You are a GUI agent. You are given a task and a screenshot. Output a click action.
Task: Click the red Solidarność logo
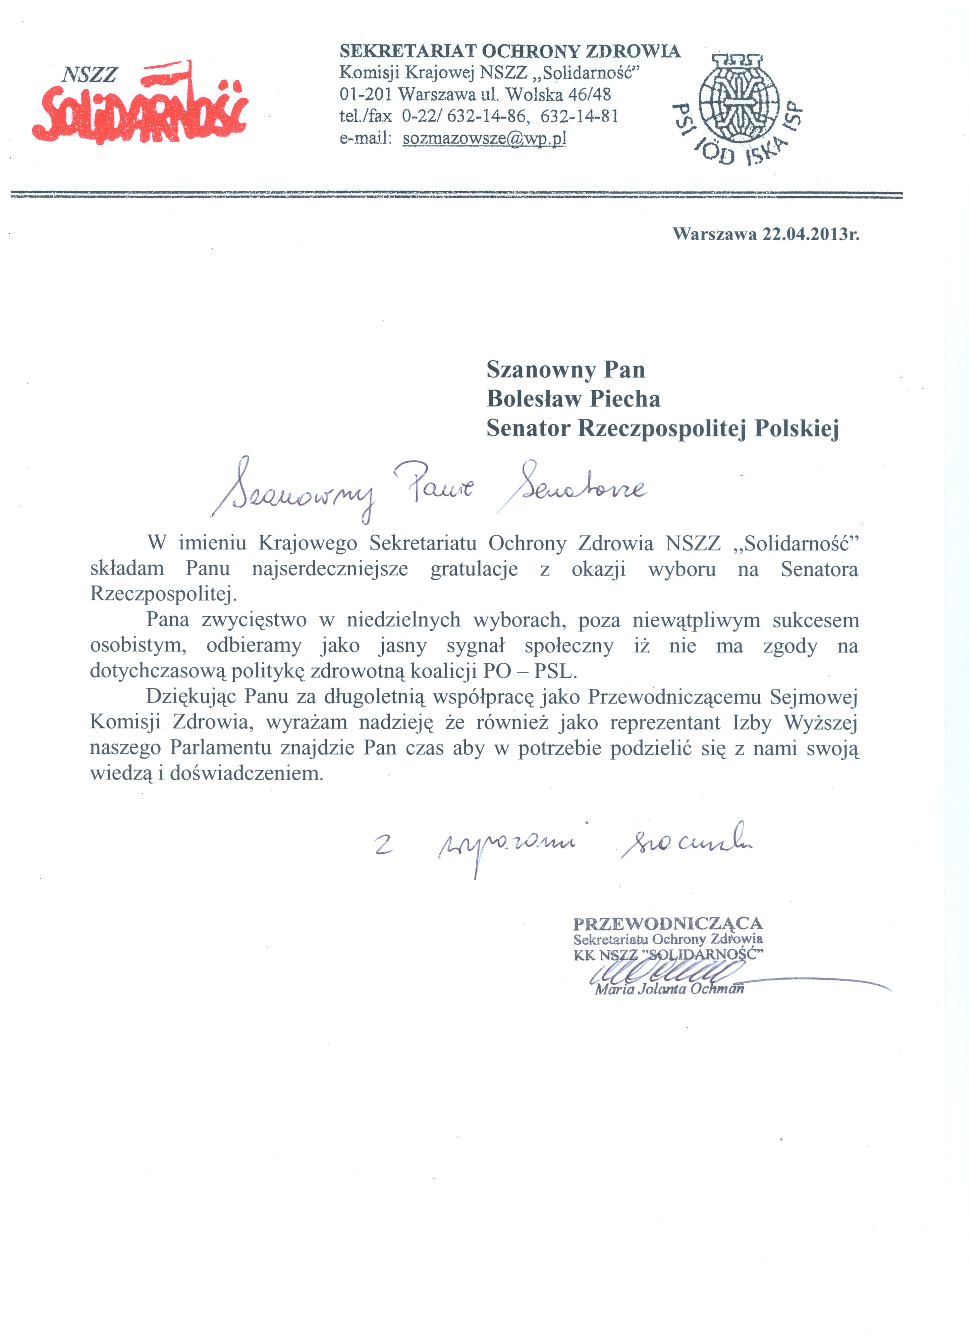pyautogui.click(x=140, y=105)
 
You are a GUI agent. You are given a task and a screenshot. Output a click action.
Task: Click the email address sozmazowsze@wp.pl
pyautogui.click(x=484, y=139)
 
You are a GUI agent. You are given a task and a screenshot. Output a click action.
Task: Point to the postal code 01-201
pyautogui.click(x=365, y=94)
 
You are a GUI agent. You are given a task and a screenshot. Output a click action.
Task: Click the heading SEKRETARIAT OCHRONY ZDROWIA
pyautogui.click(x=510, y=52)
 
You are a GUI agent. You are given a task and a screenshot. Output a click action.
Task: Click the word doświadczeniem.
pyautogui.click(x=246, y=774)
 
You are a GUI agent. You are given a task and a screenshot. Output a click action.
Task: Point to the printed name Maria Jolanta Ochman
pyautogui.click(x=669, y=989)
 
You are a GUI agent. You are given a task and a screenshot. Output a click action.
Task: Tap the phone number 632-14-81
pyautogui.click(x=579, y=116)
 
